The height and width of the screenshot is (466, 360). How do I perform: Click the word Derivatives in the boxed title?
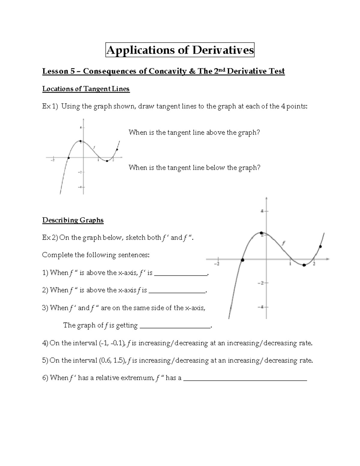coord(223,50)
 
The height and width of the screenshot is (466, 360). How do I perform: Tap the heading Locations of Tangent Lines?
coord(86,89)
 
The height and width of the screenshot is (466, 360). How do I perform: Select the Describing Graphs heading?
coord(73,220)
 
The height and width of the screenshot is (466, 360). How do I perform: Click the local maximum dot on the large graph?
coord(261,233)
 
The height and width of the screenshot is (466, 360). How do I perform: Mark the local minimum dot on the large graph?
coord(304,265)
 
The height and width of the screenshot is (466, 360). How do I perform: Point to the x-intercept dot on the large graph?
coord(243,260)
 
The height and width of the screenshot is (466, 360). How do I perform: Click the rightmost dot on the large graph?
coord(320,247)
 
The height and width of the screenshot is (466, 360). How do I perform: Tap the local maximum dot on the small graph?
coord(80,141)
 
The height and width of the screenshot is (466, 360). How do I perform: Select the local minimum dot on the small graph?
coord(107,161)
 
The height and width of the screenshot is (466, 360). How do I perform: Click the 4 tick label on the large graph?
coord(262,211)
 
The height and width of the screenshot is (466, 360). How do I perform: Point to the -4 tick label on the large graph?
coord(261,307)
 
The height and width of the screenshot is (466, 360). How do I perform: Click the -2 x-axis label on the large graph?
coord(216,264)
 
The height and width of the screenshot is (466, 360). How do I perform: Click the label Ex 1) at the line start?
coord(50,106)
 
